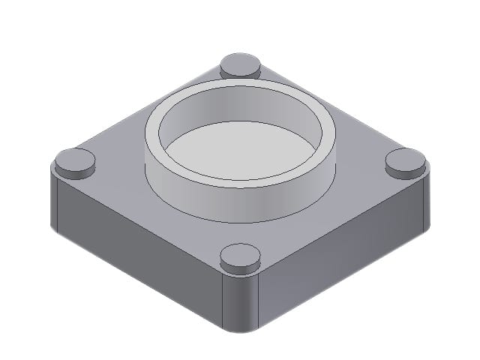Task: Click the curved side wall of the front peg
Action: click(x=240, y=266)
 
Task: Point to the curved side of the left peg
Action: click(x=75, y=172)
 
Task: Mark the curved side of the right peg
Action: click(x=405, y=172)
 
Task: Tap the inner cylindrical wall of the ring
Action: click(x=240, y=111)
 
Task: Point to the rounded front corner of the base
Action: click(x=240, y=307)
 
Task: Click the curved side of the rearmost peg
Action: click(x=240, y=73)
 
